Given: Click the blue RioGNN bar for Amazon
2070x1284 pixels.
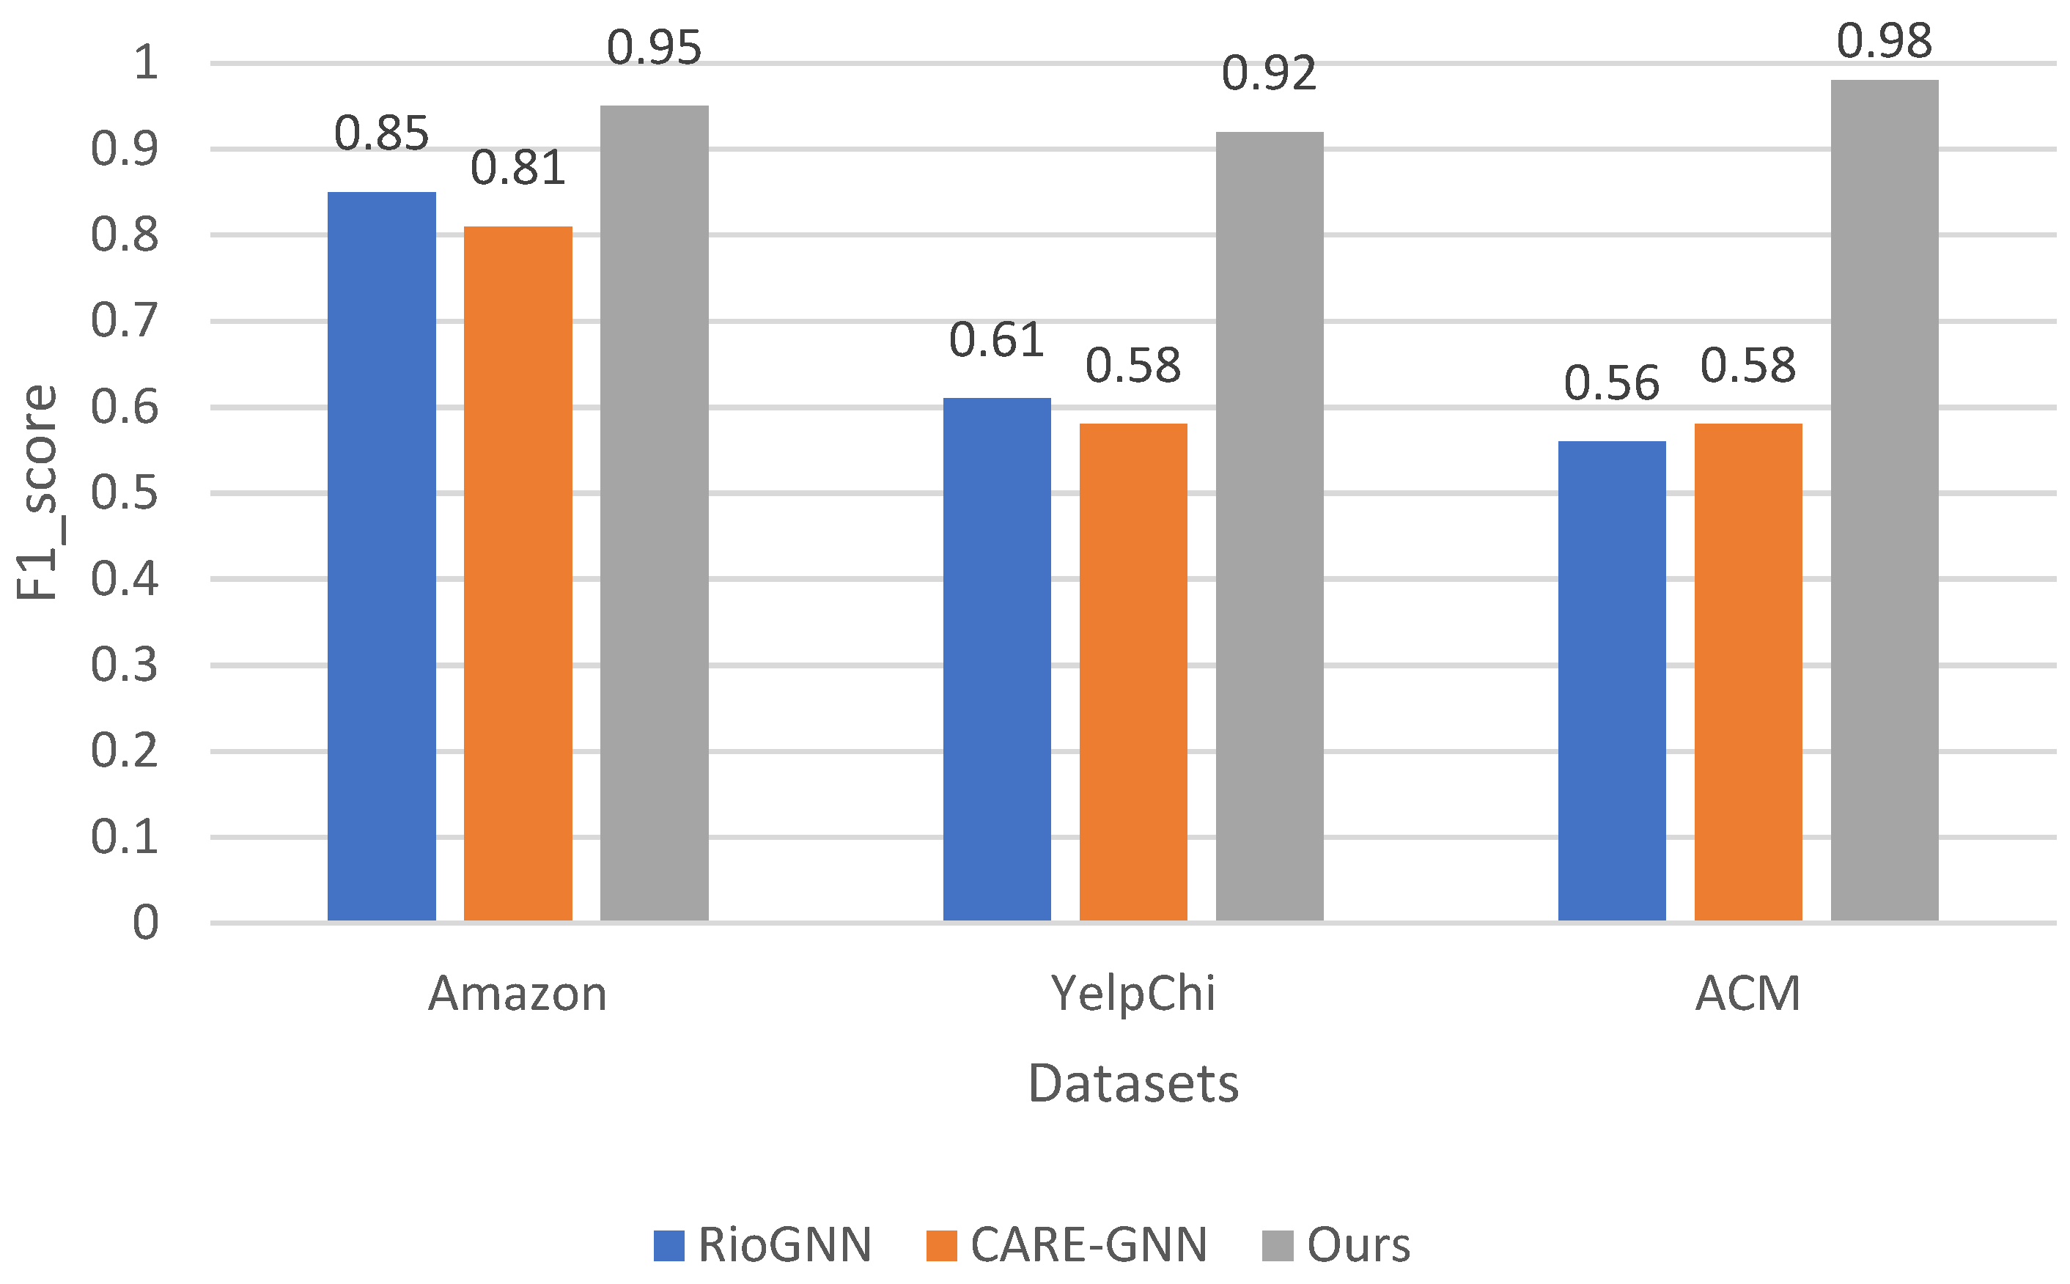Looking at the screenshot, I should tap(381, 556).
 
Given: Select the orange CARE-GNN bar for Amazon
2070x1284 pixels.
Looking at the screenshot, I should tap(517, 573).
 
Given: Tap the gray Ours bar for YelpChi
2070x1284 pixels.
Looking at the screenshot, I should tap(1269, 525).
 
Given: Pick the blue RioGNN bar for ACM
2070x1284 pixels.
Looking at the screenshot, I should tap(1611, 680).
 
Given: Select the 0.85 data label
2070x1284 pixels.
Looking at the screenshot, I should tap(381, 133).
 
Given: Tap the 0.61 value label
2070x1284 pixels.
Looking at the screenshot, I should tap(995, 341).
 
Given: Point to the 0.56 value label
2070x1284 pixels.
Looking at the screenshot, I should tap(1611, 383).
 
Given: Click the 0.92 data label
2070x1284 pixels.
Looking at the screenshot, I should tap(1269, 73).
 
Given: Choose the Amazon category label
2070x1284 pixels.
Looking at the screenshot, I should tap(517, 994).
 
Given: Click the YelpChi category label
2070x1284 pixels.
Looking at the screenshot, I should tap(1132, 994).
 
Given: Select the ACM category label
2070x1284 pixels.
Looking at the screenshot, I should tap(1747, 994).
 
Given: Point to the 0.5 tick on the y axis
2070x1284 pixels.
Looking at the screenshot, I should tap(124, 492).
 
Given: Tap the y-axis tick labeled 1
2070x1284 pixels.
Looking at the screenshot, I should tap(145, 62).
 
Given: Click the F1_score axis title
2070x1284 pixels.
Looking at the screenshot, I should tap(37, 492).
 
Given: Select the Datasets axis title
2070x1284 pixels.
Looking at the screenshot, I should tap(1132, 1085).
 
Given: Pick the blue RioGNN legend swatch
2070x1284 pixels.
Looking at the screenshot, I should tap(668, 1246).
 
